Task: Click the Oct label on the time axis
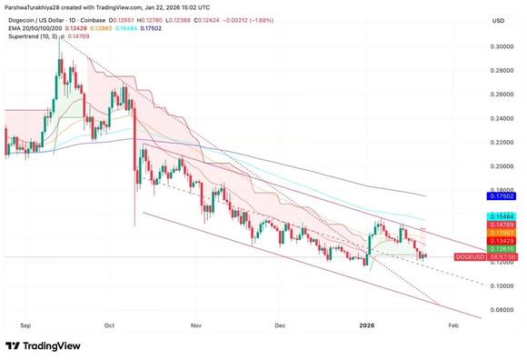click(110, 324)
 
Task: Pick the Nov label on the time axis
click(195, 324)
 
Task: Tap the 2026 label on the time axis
click(366, 324)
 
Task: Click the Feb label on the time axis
click(453, 324)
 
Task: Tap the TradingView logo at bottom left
click(43, 345)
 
